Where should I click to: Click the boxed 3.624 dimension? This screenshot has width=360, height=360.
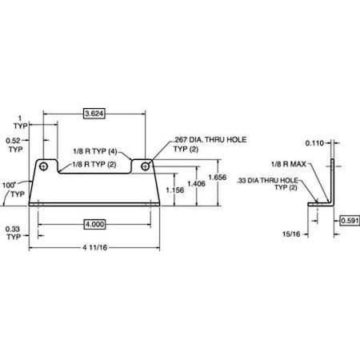tap(94, 114)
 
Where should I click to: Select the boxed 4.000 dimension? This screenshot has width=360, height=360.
tap(94, 224)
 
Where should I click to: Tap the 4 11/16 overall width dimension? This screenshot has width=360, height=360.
tap(94, 248)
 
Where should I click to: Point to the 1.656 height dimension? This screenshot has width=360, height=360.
tap(218, 177)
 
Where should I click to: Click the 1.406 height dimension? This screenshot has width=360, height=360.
tap(196, 183)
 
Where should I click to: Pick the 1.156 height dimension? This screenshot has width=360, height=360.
tap(175, 190)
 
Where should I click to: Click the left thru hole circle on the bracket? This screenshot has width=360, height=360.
tap(43, 166)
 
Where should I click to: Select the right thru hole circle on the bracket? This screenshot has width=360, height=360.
tap(145, 166)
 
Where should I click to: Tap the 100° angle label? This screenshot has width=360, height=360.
tap(10, 185)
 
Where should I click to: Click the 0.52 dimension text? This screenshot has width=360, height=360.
tap(14, 140)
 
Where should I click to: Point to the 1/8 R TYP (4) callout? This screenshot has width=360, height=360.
tap(95, 151)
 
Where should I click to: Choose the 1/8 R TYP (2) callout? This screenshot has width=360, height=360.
tap(94, 164)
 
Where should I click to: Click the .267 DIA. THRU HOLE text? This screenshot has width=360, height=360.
tap(210, 140)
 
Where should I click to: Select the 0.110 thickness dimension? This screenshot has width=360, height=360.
tap(314, 143)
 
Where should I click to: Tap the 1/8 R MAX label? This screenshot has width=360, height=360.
tap(289, 164)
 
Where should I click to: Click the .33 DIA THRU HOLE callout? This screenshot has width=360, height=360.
tap(267, 181)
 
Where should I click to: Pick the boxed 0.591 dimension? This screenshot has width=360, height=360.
tap(350, 221)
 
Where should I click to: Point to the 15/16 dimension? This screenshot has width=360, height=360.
tap(291, 234)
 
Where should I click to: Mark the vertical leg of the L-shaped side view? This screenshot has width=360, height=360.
tap(332, 182)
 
